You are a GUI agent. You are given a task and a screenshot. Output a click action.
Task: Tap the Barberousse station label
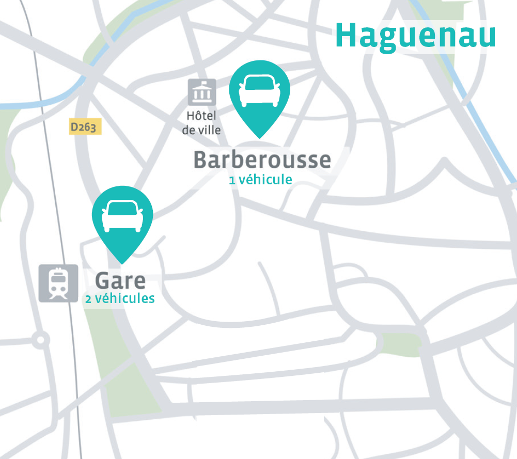click(x=262, y=160)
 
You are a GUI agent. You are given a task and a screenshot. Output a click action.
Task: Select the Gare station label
click(x=120, y=281)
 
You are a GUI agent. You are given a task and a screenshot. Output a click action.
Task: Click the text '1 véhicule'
click(x=261, y=180)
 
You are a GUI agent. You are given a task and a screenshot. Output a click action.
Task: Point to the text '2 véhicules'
click(x=120, y=298)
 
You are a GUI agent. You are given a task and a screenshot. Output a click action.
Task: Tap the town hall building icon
click(x=201, y=92)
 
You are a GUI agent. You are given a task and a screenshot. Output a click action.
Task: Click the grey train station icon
click(x=58, y=283)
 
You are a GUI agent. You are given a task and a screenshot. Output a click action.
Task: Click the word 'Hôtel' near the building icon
click(x=201, y=116)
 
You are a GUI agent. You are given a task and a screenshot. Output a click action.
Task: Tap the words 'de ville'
click(x=201, y=130)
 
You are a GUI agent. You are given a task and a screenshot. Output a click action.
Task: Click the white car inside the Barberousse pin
click(x=259, y=90)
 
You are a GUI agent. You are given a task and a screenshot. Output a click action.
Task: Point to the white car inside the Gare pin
click(x=122, y=215)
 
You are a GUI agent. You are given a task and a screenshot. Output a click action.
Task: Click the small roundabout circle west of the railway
click(x=39, y=340)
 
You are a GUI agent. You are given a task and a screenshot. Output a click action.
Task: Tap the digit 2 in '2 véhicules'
click(x=89, y=299)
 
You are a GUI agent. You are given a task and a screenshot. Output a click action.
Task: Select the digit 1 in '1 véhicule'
click(x=232, y=180)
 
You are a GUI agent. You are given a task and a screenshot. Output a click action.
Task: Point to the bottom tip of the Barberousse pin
click(x=259, y=137)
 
